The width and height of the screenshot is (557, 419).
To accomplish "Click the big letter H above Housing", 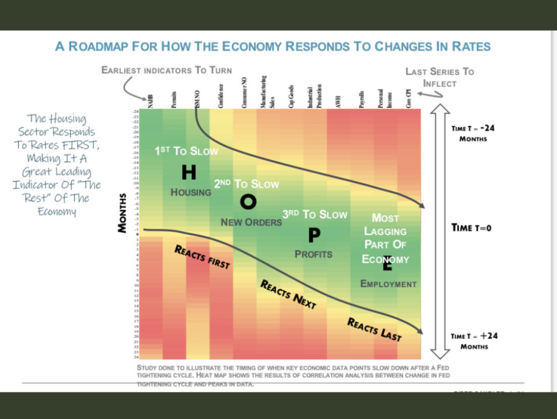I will (189, 172).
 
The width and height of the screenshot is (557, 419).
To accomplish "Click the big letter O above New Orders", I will (248, 202).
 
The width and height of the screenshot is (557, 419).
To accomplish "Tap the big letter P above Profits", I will (314, 235).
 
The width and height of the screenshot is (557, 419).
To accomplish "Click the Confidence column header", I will (220, 99).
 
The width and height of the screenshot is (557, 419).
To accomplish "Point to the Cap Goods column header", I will (291, 97).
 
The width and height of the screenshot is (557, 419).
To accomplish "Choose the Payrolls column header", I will (361, 100).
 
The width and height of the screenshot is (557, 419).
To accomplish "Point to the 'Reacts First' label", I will (202, 257).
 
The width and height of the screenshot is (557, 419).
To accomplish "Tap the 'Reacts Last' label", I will (374, 329).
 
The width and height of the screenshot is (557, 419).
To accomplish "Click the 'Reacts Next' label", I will (288, 294).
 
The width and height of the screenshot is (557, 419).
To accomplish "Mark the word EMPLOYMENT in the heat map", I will (388, 284).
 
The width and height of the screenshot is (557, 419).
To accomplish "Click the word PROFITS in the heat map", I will (314, 255).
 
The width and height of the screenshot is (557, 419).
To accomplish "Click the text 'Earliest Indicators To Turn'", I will (167, 70).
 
